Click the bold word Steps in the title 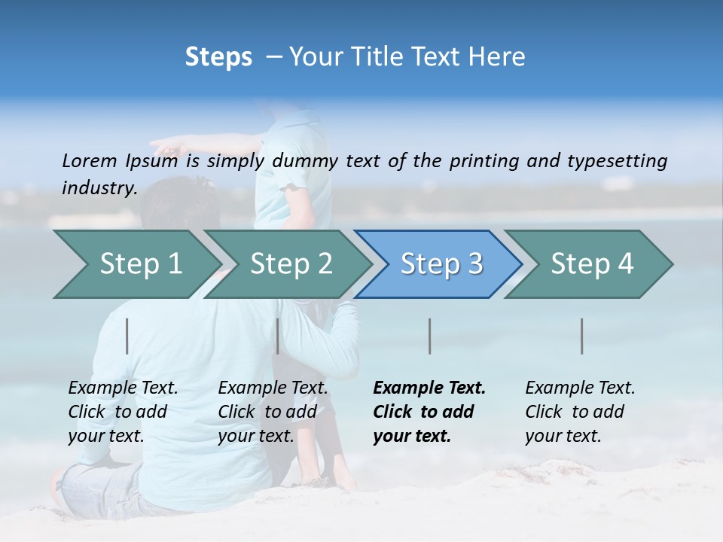point(218,57)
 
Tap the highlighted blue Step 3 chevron point(441,264)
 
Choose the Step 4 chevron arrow point(592,264)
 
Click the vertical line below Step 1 point(127,336)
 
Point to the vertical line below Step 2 point(278,336)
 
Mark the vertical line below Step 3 point(430,336)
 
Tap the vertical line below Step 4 point(582,336)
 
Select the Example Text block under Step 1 point(123,412)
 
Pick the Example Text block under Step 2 point(273,412)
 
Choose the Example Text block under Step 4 point(580,412)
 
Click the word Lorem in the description point(90,160)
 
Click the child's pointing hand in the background point(162,143)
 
